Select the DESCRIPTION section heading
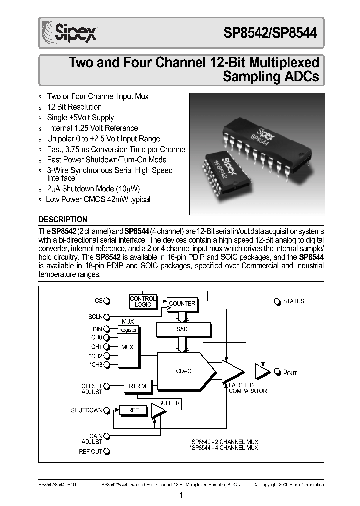click(x=63, y=219)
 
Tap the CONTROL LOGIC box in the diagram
click(x=143, y=301)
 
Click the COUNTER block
click(x=182, y=304)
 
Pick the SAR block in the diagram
click(x=182, y=329)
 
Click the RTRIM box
click(x=138, y=386)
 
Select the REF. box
click(x=134, y=410)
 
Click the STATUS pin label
click(x=293, y=301)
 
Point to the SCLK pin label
click(x=95, y=317)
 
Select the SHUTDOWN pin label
click(x=87, y=410)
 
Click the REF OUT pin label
click(x=90, y=451)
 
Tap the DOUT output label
click(x=290, y=372)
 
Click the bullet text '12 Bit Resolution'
click(x=74, y=107)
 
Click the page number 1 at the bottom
click(x=181, y=495)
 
